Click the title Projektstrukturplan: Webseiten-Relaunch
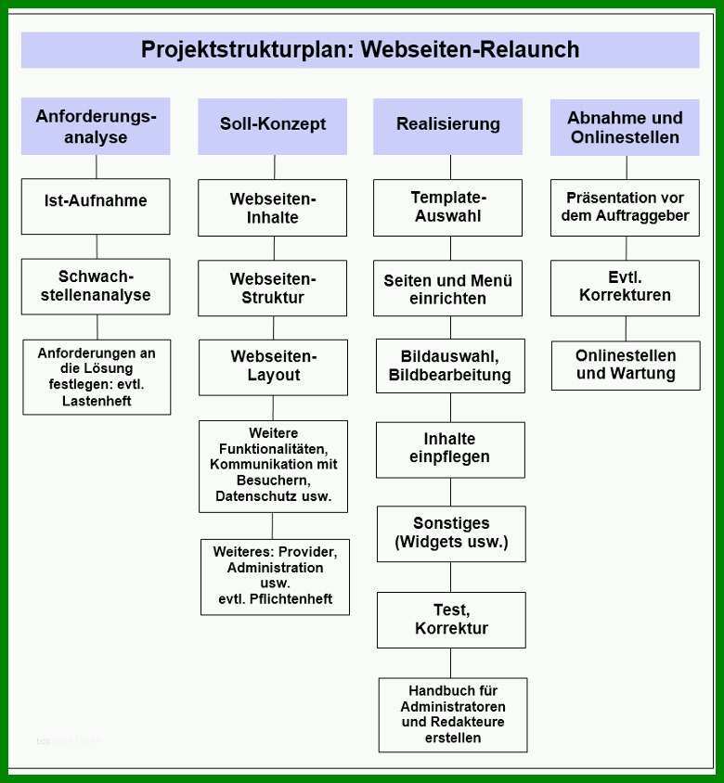(360, 49)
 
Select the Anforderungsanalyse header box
(96, 126)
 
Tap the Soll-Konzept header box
(272, 126)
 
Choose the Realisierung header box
(447, 126)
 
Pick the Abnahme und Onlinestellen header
(625, 127)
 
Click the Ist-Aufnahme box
(96, 206)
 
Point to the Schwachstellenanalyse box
(96, 286)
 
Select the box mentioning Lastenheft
(97, 377)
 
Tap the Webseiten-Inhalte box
(272, 208)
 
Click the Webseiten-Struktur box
(272, 289)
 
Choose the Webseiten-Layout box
(273, 367)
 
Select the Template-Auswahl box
(447, 208)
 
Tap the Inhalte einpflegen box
(451, 450)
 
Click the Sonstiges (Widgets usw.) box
(451, 533)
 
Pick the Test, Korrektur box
(451, 621)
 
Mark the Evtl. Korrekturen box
(625, 289)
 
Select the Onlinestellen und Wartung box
(626, 366)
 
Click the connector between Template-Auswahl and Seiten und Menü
(451, 249)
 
